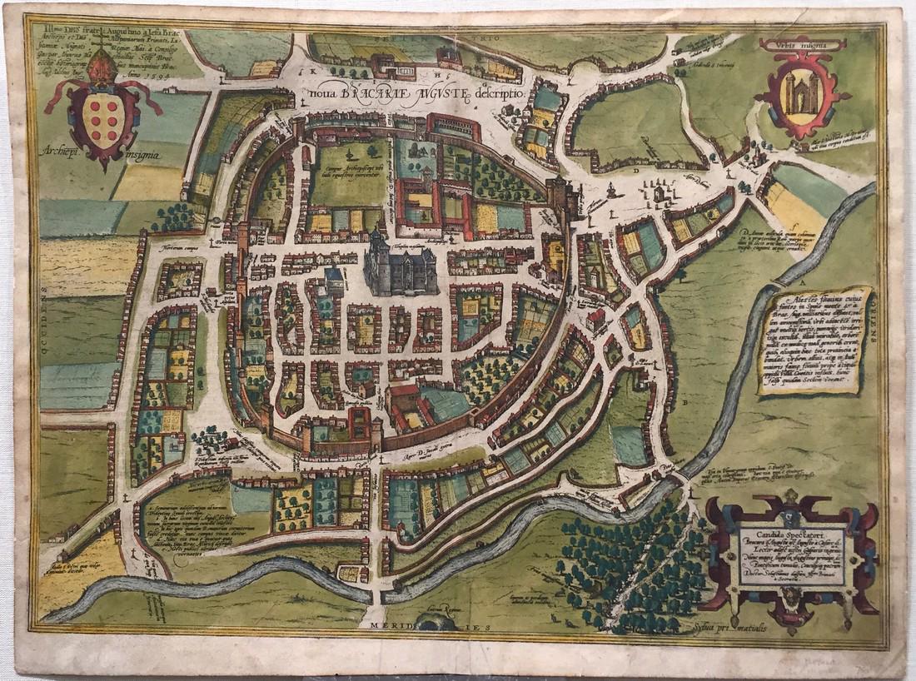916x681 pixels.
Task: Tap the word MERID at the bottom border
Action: coord(390,631)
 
